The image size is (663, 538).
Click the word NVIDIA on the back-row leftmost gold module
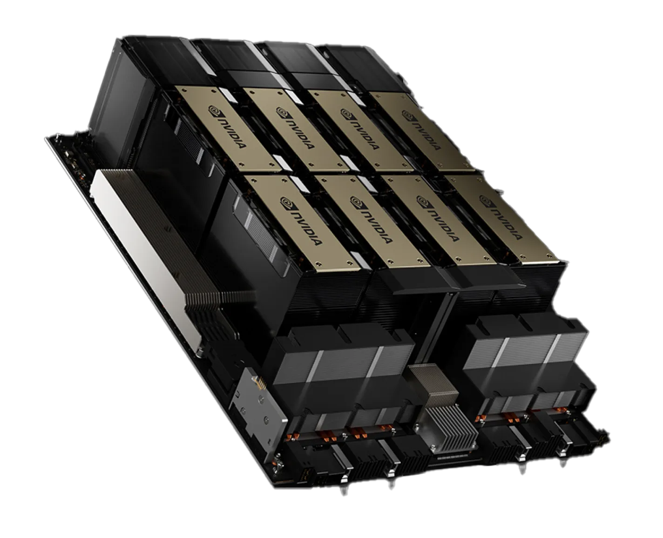[x=232, y=133]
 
